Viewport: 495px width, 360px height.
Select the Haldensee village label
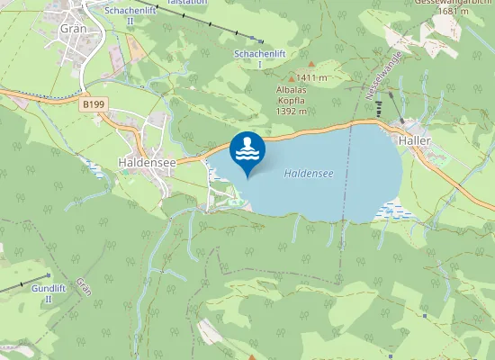[x=144, y=162]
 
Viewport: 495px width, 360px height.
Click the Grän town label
[x=71, y=28]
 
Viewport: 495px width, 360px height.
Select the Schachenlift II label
[x=130, y=14]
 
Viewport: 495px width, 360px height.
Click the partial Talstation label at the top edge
[x=186, y=3]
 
